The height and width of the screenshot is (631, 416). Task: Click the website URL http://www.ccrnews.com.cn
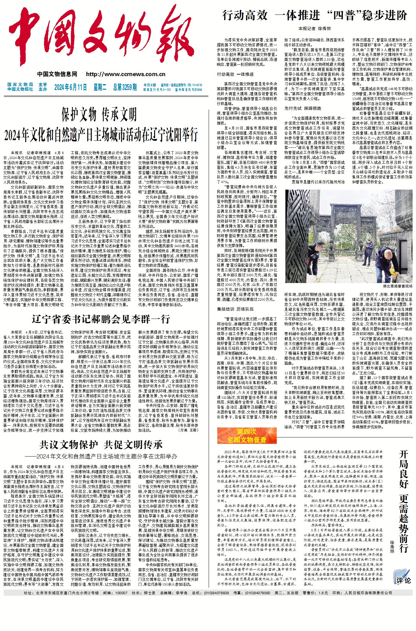point(126,74)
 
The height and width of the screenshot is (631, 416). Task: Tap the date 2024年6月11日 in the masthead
point(71,87)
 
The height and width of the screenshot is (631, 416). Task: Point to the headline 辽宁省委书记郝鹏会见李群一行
point(101,319)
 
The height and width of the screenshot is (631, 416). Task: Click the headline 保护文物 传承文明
point(99,115)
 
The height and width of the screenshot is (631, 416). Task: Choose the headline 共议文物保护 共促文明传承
point(101,445)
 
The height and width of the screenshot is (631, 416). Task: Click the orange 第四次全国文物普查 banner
point(247,436)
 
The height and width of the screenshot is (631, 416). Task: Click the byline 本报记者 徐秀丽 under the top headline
point(314,28)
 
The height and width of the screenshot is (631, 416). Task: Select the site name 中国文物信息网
point(57,74)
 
